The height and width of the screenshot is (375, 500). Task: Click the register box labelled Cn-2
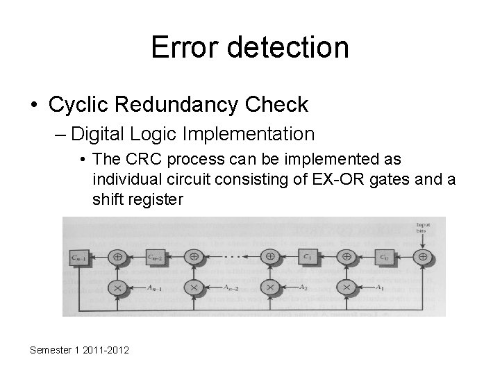[x=156, y=256]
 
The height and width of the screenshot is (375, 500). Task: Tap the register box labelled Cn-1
[x=78, y=256]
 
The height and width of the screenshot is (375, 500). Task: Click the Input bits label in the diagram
[x=423, y=228]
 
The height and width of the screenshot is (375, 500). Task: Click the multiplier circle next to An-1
[x=118, y=287]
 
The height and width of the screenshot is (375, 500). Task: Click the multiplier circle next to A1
[x=345, y=287]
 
